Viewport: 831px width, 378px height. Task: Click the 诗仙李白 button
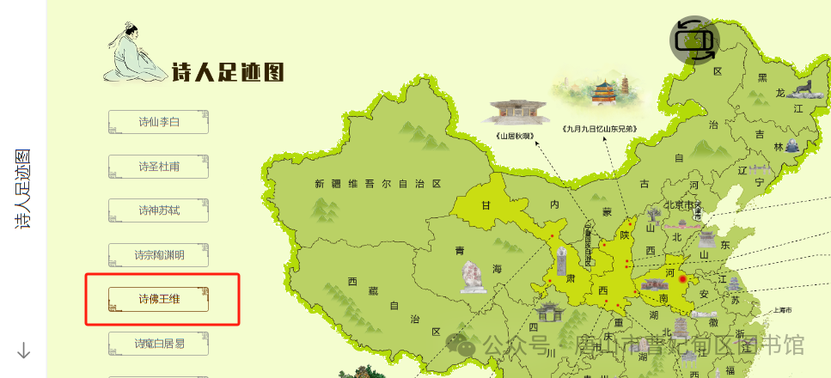click(x=159, y=122)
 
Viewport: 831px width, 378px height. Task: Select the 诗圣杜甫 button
click(x=159, y=167)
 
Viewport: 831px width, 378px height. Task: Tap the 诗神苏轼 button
click(x=159, y=210)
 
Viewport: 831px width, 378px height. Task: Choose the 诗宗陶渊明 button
click(x=159, y=255)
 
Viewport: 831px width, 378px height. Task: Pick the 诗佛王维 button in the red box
click(x=159, y=299)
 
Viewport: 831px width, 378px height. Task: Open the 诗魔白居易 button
click(x=159, y=344)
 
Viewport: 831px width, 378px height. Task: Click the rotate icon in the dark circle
click(x=694, y=40)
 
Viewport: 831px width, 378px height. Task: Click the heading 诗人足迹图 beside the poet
click(x=228, y=72)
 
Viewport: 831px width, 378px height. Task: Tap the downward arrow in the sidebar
click(x=24, y=350)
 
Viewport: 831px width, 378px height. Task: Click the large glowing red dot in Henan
click(x=684, y=278)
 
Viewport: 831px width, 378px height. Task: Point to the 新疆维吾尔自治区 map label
click(x=377, y=184)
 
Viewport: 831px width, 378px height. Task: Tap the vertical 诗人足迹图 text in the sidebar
click(x=23, y=189)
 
